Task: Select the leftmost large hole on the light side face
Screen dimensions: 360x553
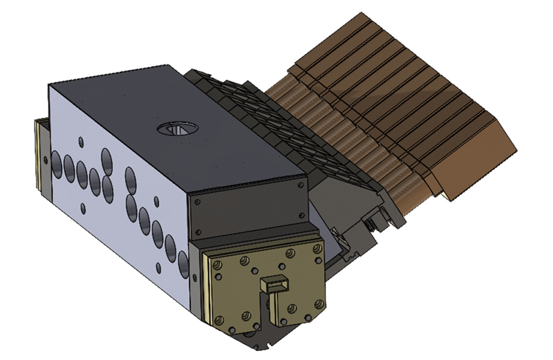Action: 56,162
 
